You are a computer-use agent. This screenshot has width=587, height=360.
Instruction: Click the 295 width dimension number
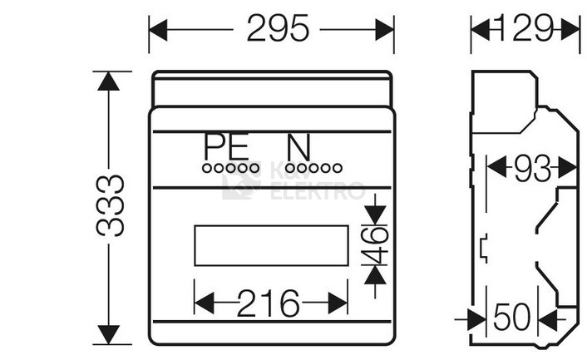tap(277, 30)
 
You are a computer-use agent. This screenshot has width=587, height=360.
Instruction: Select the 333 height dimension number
tap(112, 206)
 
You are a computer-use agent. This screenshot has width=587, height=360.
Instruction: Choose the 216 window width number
tap(269, 303)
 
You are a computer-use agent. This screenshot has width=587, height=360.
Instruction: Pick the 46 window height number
tap(377, 245)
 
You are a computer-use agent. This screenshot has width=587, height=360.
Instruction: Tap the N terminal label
tap(298, 148)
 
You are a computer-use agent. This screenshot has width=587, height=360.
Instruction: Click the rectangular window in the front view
tap(271, 245)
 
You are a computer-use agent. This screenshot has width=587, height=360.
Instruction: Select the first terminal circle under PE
tap(206, 167)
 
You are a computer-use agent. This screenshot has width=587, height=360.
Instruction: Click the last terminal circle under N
tap(337, 167)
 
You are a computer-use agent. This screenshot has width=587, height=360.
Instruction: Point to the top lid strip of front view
tap(272, 89)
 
